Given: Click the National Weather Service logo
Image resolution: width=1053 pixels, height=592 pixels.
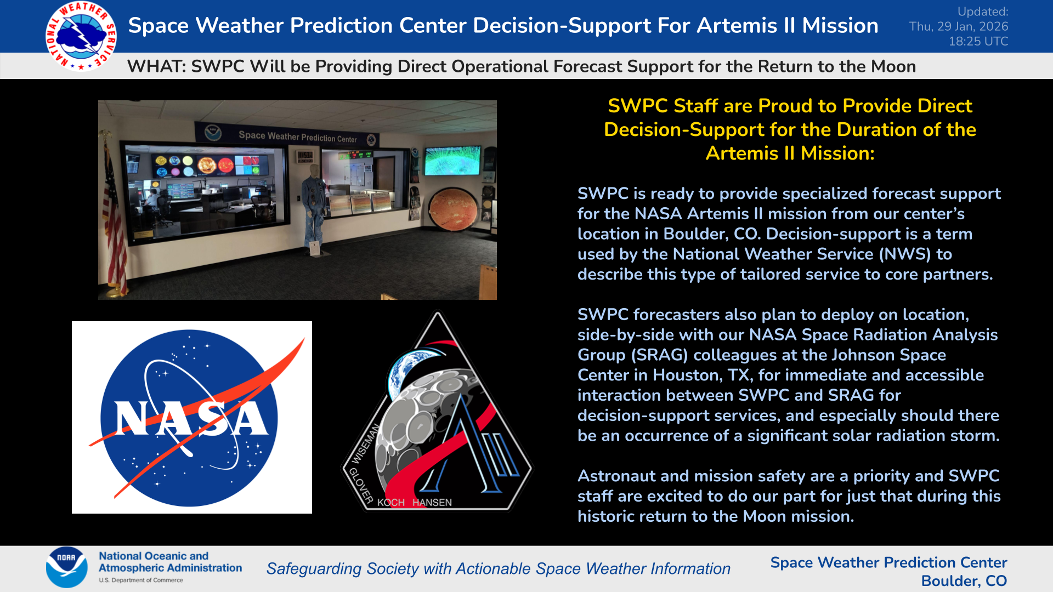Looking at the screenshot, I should point(81,36).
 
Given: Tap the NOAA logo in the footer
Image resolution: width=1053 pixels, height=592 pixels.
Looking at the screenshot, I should point(66,567).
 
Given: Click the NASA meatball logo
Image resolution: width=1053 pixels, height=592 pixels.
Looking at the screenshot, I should point(191,418).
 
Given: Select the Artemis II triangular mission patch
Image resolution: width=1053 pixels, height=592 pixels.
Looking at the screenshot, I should point(437,417).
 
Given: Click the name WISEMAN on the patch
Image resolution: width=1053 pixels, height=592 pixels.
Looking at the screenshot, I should point(366,444).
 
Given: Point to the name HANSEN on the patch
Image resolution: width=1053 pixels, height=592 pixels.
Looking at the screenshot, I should point(432,503).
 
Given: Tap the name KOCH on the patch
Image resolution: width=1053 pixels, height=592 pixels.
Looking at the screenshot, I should point(390,503).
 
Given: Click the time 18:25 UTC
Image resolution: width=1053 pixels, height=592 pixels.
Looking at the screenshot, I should point(978,41).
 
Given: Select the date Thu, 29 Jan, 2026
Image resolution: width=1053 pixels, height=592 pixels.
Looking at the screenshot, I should point(958,26).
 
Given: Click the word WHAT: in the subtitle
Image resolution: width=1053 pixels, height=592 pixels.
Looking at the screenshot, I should point(156,66).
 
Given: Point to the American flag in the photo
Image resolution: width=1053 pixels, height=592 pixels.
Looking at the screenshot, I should point(114,219).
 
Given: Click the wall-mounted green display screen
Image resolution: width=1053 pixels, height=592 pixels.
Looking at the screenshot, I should point(452,160).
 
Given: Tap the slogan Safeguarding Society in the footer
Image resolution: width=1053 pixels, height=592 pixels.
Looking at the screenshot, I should point(342,568).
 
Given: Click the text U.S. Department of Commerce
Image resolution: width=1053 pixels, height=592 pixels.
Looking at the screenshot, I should point(141,580).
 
